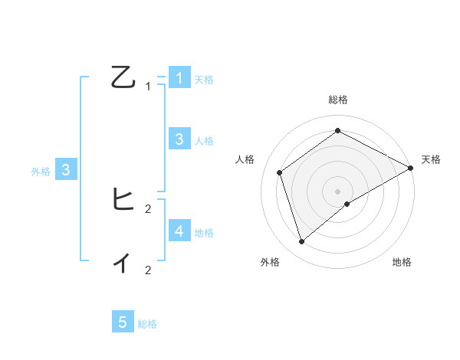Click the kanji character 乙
pos(123,78)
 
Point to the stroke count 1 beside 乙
pos(148,87)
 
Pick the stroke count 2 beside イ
pos(148,270)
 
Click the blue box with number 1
pos(179,77)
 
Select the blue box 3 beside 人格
pos(179,139)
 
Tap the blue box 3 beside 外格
pos(66,170)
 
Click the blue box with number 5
pos(123,322)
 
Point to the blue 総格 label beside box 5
pos(147,324)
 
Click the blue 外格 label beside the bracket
pos(41,172)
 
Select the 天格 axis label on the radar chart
pos(431,159)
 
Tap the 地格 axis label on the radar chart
pos(402,262)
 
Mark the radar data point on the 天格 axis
pos(411,168)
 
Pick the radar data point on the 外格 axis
pos(301,242)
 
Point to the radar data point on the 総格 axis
pos(337,130)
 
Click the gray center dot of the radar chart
pos(337,191)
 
